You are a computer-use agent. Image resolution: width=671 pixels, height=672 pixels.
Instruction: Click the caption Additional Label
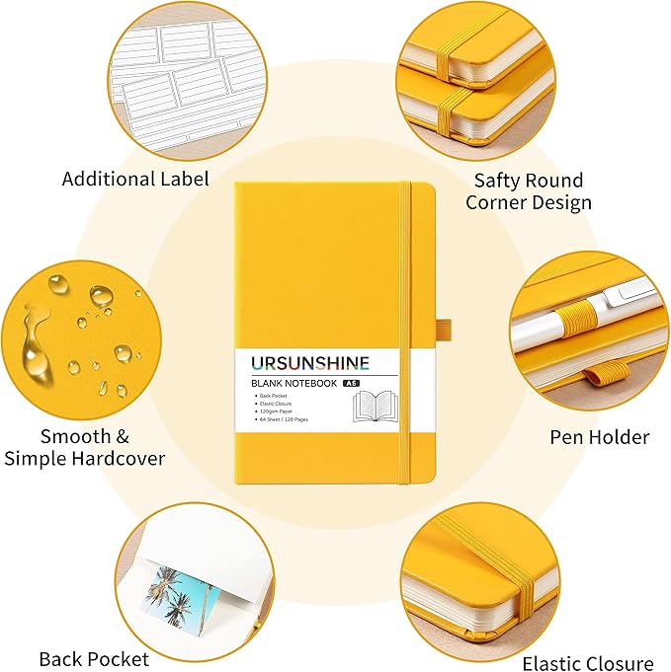(135, 179)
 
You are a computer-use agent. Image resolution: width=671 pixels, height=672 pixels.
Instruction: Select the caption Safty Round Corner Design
(529, 191)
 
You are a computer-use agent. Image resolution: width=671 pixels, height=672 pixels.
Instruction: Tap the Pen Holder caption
(599, 436)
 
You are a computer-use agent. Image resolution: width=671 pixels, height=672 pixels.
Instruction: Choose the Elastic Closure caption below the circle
(588, 663)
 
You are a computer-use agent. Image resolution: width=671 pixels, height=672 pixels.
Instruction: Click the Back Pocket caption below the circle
(94, 658)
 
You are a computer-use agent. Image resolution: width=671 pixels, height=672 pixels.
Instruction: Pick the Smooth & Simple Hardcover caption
(85, 447)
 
